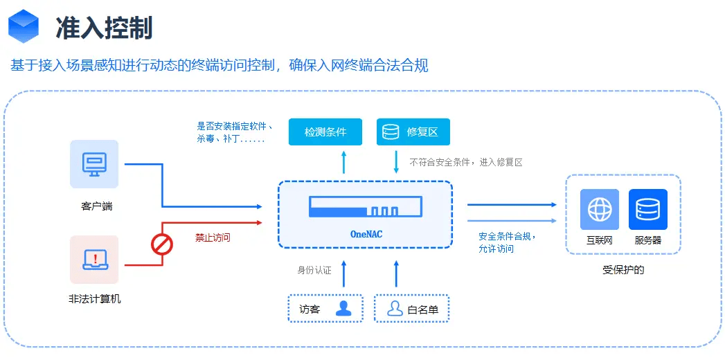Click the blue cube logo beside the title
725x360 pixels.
pos(24,27)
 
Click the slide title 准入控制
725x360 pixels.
pos(103,28)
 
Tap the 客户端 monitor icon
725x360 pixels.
pos(94,164)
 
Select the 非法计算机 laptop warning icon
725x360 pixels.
pos(94,260)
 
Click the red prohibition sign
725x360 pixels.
pos(162,244)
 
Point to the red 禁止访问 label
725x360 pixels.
pos(213,237)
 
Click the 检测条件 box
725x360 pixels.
pos(325,132)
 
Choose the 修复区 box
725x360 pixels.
pos(413,132)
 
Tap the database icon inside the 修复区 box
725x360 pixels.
pos(391,132)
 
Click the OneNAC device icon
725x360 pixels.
pos(366,206)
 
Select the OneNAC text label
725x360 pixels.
pos(366,234)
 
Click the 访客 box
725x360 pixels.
pos(325,309)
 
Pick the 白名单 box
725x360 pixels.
pos(411,309)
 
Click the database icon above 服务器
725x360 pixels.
pos(647,209)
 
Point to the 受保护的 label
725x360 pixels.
pos(623,270)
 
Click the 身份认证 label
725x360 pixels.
pos(314,270)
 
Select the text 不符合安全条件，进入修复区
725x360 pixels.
pos(465,162)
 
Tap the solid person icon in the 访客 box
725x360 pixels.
pos(343,309)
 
